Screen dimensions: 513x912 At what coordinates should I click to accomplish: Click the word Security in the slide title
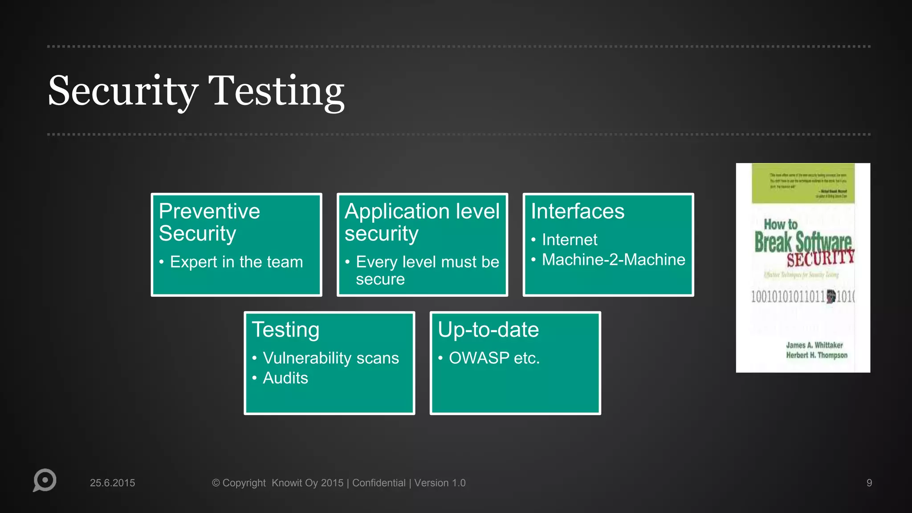coord(122,91)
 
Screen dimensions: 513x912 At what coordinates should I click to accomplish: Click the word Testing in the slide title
coord(276,91)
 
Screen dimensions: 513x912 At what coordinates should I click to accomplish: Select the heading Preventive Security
coord(209,222)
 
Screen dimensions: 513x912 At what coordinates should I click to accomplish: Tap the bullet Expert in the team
coord(236,262)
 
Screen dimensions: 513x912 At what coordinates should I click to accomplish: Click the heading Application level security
coord(422,222)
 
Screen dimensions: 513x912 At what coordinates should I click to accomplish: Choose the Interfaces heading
coord(578,211)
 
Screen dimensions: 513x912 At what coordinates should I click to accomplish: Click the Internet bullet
coord(569,240)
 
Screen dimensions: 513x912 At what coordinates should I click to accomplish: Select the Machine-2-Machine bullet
coord(613,260)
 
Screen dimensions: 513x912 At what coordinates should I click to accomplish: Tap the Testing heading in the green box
coord(285,330)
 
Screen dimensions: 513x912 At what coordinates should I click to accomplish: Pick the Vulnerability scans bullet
coord(330,358)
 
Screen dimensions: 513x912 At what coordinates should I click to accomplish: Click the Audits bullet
coord(285,378)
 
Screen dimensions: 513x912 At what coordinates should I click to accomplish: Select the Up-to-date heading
coord(488,330)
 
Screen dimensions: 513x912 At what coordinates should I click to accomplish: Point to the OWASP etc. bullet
coord(494,358)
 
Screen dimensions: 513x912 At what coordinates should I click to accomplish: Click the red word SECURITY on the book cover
coord(820,258)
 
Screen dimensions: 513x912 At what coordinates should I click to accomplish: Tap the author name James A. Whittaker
coord(814,345)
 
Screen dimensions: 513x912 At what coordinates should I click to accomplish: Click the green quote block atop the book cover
coord(803,183)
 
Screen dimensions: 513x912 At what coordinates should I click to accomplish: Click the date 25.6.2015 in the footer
coord(112,483)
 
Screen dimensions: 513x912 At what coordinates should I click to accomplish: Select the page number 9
coord(869,483)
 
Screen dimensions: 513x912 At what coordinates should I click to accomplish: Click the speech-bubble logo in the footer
coord(45,480)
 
